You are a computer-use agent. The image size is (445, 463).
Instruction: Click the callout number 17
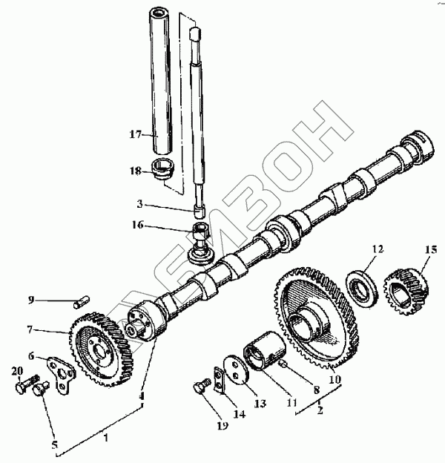point(134,134)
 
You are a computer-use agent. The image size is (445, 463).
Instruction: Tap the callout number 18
point(134,171)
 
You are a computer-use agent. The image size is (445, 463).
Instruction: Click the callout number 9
point(31,301)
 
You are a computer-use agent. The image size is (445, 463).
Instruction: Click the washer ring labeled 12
point(364,286)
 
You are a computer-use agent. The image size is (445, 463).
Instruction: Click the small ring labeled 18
point(162,169)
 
